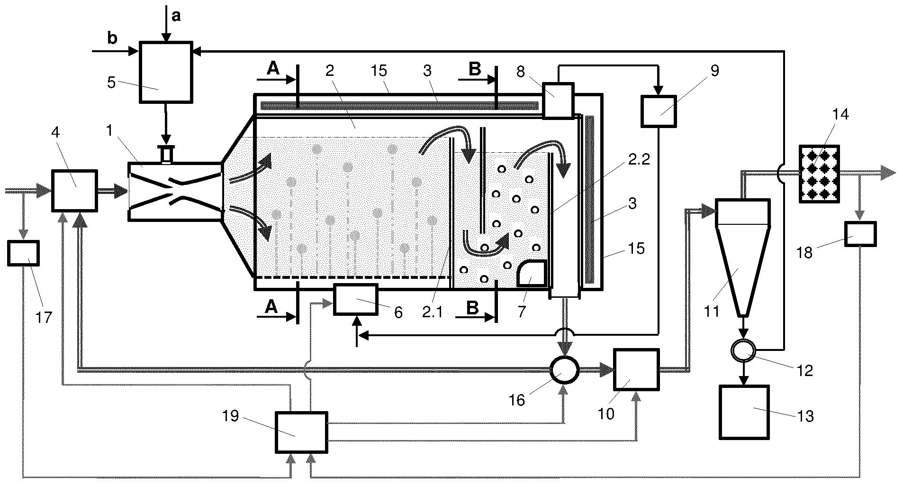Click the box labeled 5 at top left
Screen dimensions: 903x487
[x=166, y=72]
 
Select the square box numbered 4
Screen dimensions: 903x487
[x=74, y=190]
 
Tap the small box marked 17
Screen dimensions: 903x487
[x=24, y=253]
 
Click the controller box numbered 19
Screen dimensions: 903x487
[x=302, y=432]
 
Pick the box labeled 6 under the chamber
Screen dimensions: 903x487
[x=356, y=299]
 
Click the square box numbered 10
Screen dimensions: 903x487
[x=636, y=369]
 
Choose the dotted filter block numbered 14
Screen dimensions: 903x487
[x=819, y=174]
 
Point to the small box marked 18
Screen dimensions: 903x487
[x=861, y=234]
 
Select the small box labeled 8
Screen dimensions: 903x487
[x=558, y=100]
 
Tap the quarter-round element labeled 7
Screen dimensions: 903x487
[x=532, y=274]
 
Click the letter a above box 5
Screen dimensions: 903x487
[x=176, y=16]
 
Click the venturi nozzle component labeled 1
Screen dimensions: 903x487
[x=175, y=191]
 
